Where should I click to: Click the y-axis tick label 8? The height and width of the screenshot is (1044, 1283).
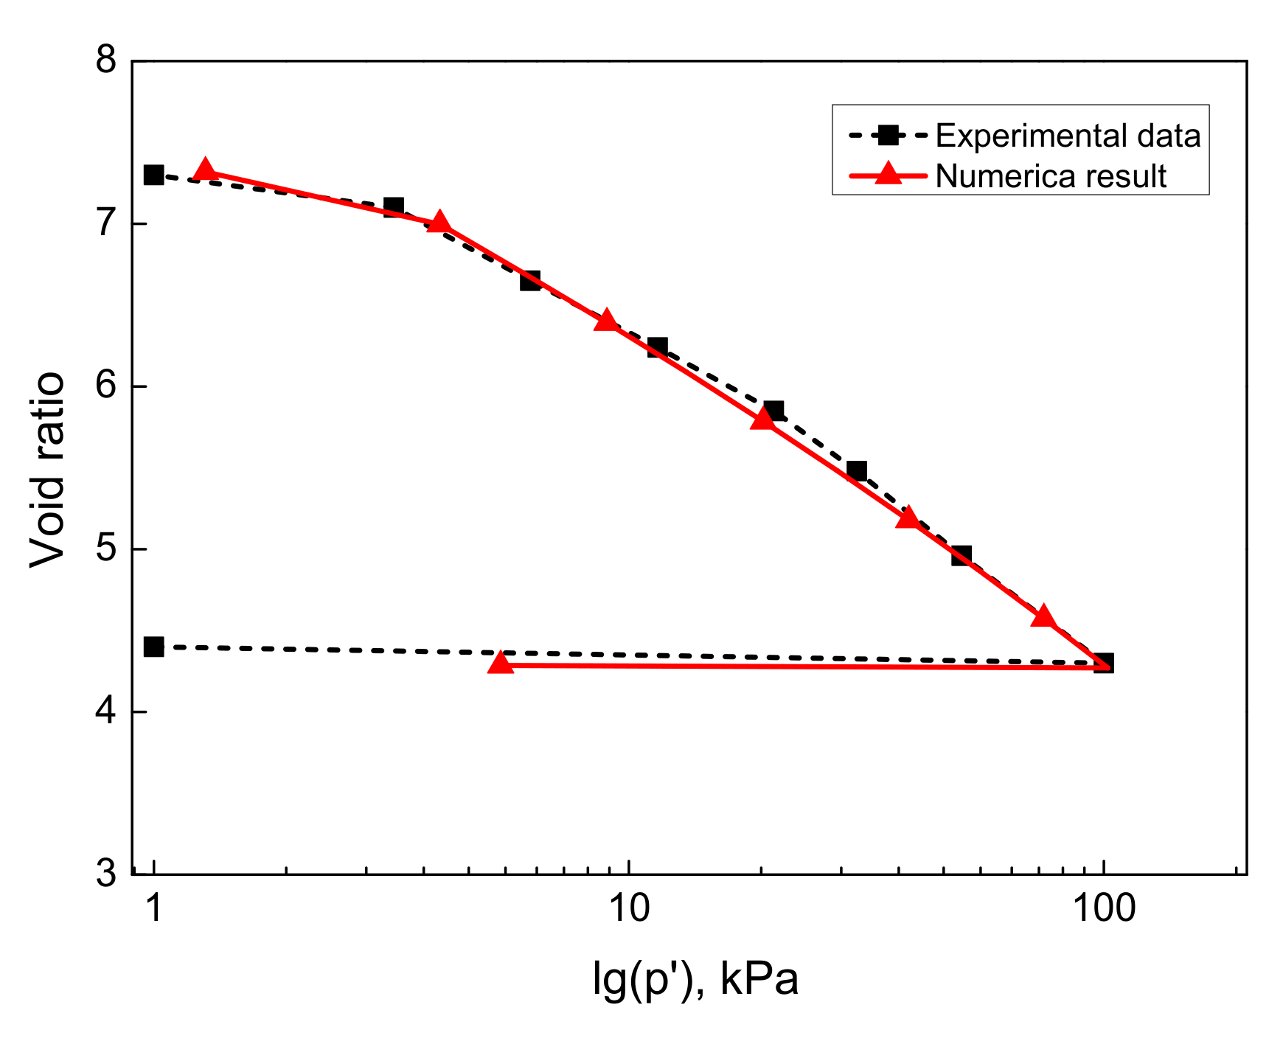pyautogui.click(x=107, y=60)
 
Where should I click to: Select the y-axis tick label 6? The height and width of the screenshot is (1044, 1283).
pyautogui.click(x=107, y=385)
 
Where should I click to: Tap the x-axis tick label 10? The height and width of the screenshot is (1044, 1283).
pyautogui.click(x=629, y=909)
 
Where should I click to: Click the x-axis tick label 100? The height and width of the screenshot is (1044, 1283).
pyautogui.click(x=1103, y=909)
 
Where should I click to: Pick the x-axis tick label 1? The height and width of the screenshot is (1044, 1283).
pyautogui.click(x=153, y=909)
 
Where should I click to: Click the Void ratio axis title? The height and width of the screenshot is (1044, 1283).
pyautogui.click(x=47, y=470)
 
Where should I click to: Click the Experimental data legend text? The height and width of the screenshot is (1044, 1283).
pyautogui.click(x=1068, y=136)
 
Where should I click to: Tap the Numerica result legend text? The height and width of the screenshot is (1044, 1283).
pyautogui.click(x=1051, y=176)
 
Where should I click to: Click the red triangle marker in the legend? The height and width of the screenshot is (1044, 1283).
pyautogui.click(x=889, y=175)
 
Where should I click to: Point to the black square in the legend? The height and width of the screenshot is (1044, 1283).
pyautogui.click(x=889, y=135)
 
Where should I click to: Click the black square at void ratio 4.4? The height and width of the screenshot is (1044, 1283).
pyautogui.click(x=153, y=647)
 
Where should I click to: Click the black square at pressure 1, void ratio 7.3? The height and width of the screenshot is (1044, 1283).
pyautogui.click(x=153, y=175)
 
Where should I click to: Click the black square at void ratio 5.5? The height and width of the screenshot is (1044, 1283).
pyautogui.click(x=856, y=470)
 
